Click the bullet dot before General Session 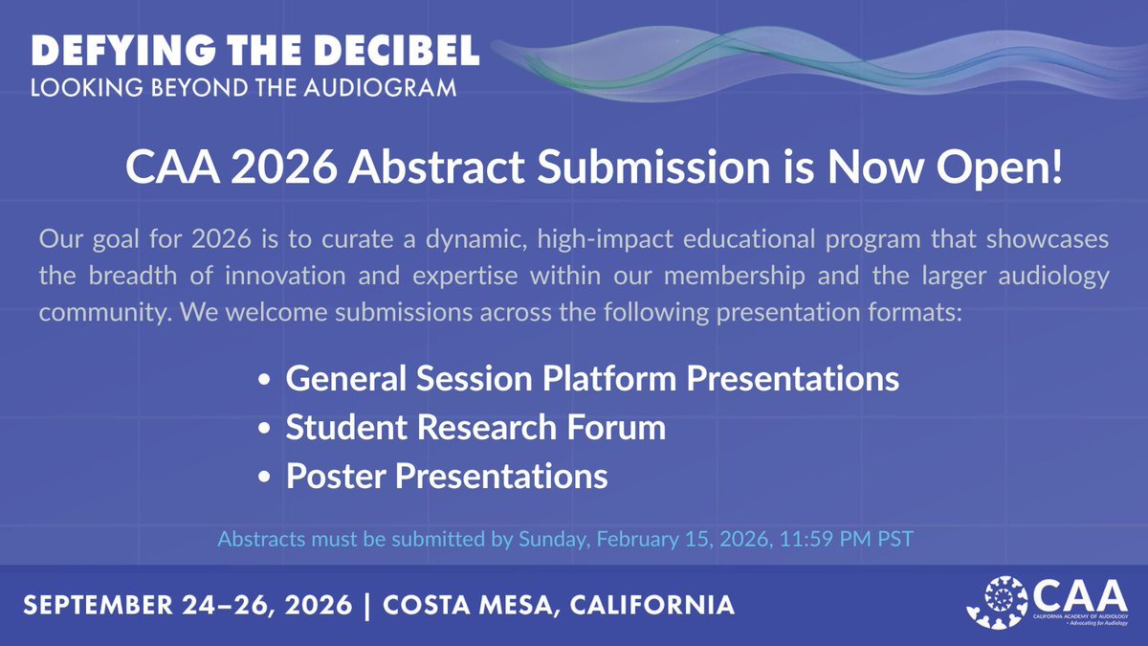[x=264, y=381]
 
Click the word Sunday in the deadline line [x=554, y=539]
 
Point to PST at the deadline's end [x=897, y=539]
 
